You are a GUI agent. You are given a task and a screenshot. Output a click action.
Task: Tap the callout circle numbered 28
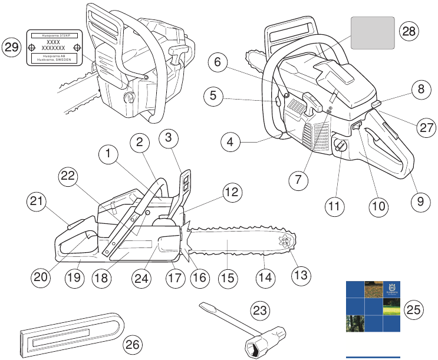click(408, 32)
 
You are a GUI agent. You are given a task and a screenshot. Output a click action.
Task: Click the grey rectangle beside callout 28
click(372, 32)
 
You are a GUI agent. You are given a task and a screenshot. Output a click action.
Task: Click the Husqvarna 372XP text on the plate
click(57, 36)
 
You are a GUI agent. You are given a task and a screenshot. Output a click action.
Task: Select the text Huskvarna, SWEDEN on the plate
click(57, 60)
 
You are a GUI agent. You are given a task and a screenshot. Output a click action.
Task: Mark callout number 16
click(201, 276)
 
